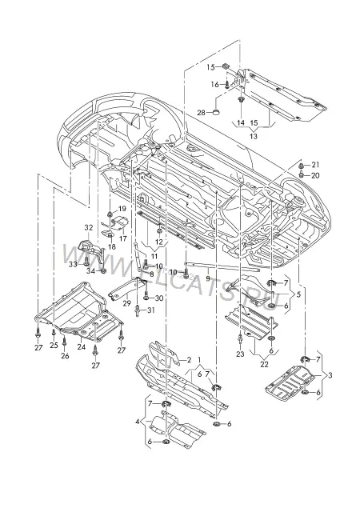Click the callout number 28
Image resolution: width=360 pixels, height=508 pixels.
(x=202, y=113)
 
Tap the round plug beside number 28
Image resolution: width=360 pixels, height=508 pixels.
(x=216, y=112)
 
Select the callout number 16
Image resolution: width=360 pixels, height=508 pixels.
(x=215, y=85)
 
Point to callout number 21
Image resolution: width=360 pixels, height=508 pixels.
(x=315, y=165)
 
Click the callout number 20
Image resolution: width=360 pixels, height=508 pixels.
(x=315, y=175)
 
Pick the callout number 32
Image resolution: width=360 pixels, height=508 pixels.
(x=89, y=228)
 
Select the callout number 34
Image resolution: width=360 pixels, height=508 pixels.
(x=90, y=271)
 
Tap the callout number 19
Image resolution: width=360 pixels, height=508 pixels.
(x=122, y=208)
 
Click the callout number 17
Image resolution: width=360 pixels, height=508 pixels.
(x=123, y=238)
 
